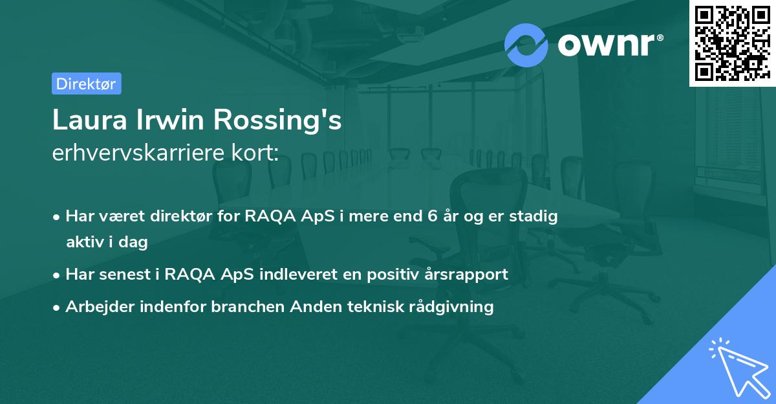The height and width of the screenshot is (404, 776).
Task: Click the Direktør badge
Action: [x=86, y=84]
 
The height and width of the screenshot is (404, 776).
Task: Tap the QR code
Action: [x=732, y=43]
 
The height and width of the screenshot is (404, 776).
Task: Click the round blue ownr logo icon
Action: [x=526, y=45]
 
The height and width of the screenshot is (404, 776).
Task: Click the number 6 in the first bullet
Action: [x=432, y=217]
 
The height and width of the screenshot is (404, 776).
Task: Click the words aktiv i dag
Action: [x=107, y=242]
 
